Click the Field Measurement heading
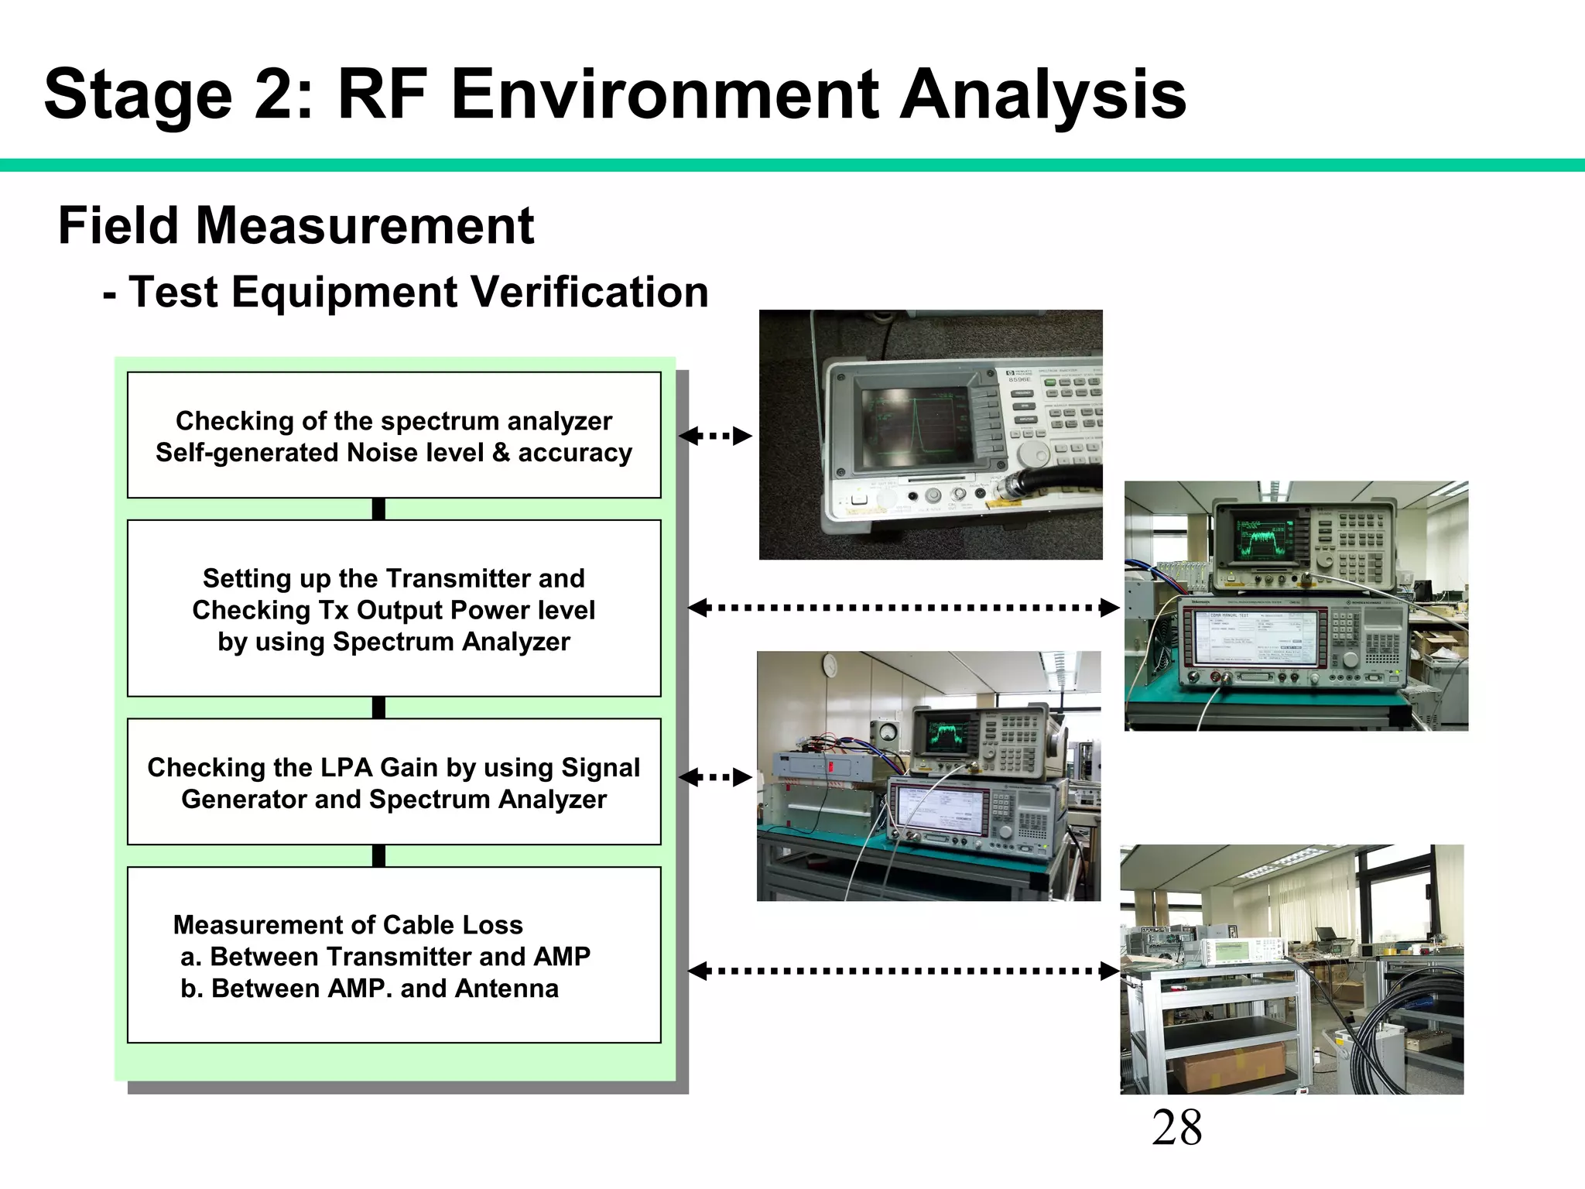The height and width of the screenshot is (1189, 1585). click(x=296, y=226)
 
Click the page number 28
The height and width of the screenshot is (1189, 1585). click(x=1176, y=1127)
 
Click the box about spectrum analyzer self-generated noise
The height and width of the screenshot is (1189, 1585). click(x=393, y=436)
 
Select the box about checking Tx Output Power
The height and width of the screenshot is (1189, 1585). click(x=393, y=609)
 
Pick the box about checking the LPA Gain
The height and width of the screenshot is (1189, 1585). click(x=393, y=783)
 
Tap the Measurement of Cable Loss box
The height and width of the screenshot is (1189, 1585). click(x=393, y=955)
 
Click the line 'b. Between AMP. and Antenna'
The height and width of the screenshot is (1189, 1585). click(x=369, y=989)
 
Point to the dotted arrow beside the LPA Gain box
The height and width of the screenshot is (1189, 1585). click(x=715, y=777)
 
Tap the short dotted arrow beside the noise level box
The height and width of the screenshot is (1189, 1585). click(x=715, y=436)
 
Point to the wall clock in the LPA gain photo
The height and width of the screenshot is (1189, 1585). click(x=830, y=663)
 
